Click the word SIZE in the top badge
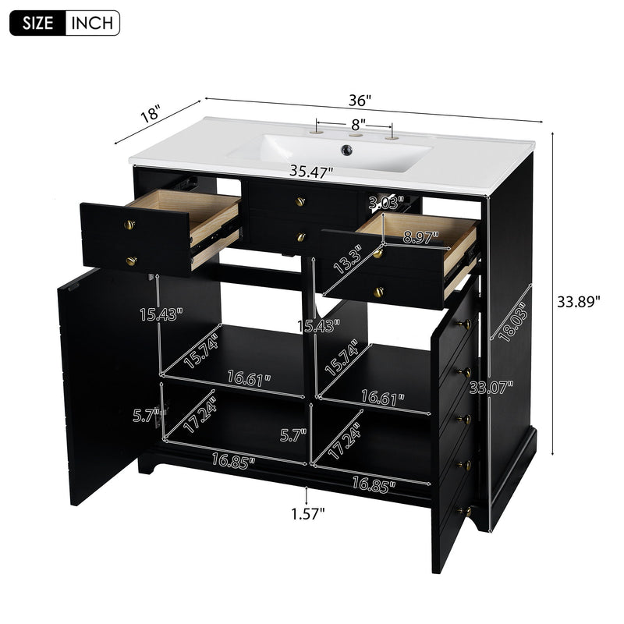point(37,23)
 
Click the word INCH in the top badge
point(93,23)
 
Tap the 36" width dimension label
point(360,100)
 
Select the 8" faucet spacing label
point(357,123)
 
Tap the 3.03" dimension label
point(386,202)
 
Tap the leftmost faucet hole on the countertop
point(317,134)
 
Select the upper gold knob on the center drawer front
point(300,202)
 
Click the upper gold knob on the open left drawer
point(129,225)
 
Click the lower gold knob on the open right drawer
point(378,292)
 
